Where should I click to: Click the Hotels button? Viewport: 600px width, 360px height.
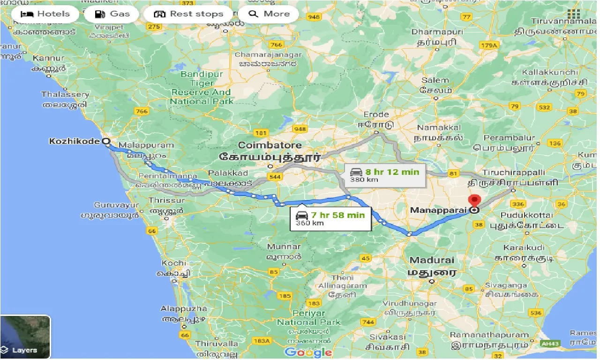tap(45, 14)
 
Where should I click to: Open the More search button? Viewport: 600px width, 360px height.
tap(269, 14)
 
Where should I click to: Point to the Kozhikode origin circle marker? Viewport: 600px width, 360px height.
tap(106, 141)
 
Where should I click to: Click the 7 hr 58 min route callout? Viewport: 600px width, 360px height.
tap(330, 218)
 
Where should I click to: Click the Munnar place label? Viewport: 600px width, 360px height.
tap(284, 247)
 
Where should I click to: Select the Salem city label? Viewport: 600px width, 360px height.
tap(435, 81)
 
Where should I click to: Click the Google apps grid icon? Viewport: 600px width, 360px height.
tap(573, 14)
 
